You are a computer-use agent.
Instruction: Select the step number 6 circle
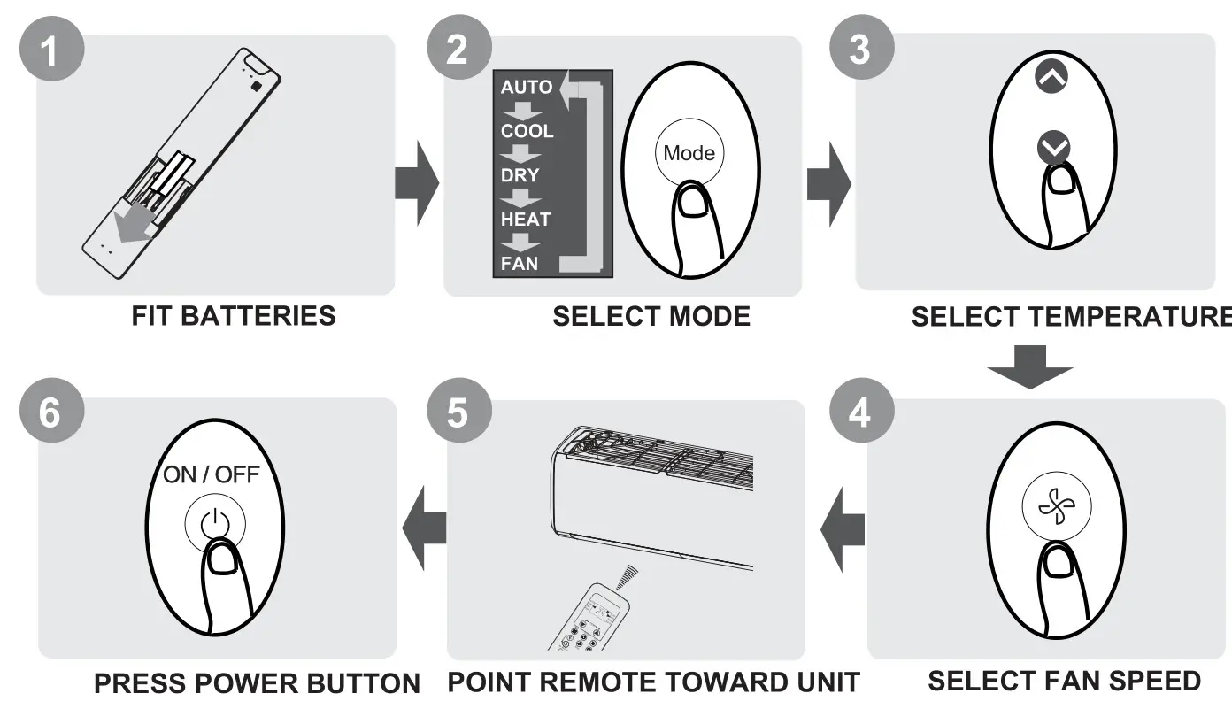tap(52, 414)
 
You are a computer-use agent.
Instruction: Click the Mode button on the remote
tap(689, 153)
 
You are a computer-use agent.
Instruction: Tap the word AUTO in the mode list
tap(526, 88)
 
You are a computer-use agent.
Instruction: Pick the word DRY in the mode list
tap(519, 175)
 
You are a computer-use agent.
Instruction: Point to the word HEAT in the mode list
tap(525, 219)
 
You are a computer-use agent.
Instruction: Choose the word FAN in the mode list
tap(519, 263)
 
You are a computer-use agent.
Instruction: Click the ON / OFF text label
tap(211, 474)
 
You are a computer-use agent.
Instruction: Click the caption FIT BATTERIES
tap(234, 316)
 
